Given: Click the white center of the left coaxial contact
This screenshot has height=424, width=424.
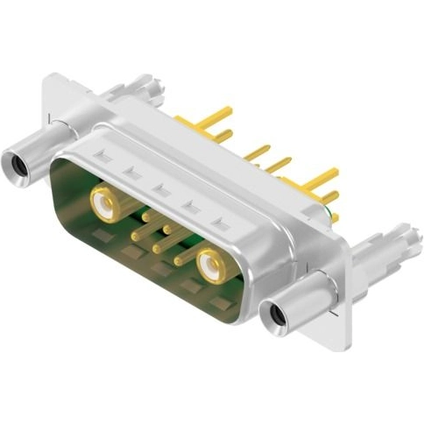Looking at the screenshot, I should point(104,207).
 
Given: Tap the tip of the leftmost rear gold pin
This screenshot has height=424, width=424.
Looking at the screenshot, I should point(230,110).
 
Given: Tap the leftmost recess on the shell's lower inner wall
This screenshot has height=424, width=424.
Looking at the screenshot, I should point(103,237).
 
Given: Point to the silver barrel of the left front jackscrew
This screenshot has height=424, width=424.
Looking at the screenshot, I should point(39,148).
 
